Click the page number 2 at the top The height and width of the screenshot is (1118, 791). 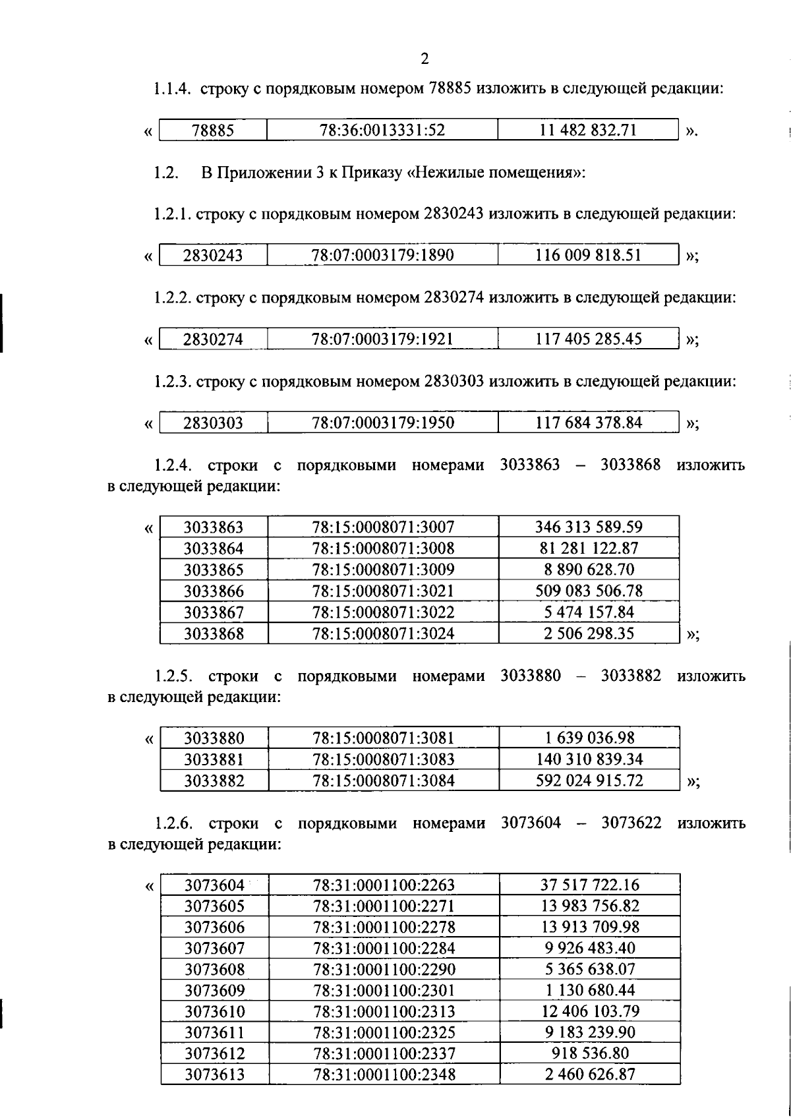(425, 59)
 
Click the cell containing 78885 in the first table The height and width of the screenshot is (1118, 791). (213, 131)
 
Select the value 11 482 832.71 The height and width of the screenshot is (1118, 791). (588, 130)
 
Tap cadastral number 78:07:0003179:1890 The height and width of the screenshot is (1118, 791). (383, 255)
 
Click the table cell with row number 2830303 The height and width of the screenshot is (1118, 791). (213, 423)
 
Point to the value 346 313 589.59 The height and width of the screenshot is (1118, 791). (589, 527)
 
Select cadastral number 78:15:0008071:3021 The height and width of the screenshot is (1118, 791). (383, 591)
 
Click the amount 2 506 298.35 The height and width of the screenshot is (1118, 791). (589, 633)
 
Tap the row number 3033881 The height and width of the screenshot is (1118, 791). (214, 759)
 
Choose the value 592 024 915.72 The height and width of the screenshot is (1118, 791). (589, 780)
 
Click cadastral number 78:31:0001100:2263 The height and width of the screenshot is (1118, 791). (384, 885)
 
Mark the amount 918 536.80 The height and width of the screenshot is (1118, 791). (589, 1053)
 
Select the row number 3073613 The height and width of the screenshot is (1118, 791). (214, 1074)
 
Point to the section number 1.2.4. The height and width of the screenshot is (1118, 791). (173, 465)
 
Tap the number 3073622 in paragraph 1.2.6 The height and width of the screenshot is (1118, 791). (631, 823)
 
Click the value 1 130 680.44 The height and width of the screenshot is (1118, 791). (589, 990)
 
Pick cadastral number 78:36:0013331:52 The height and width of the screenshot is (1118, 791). (382, 131)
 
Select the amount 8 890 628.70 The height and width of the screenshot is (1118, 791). (589, 570)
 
